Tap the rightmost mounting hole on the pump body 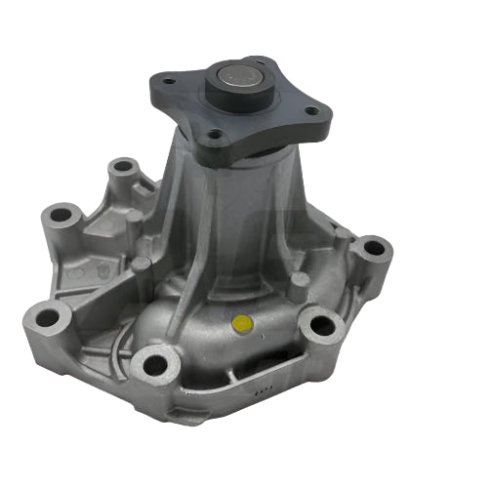[x=372, y=250]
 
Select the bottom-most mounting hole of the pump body [x=153, y=365]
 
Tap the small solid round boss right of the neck [x=301, y=282]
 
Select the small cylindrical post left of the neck [x=143, y=268]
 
